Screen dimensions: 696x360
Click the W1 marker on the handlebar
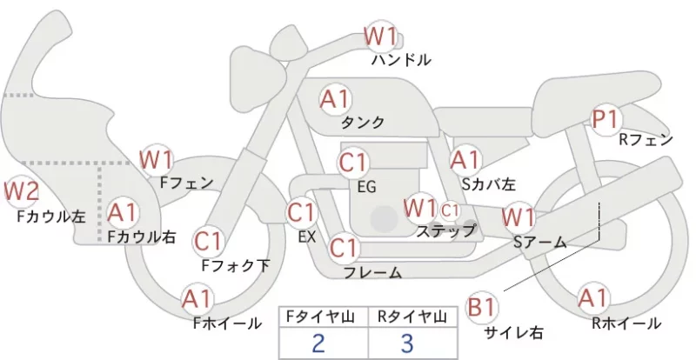380,36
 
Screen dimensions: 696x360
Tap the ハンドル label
401,59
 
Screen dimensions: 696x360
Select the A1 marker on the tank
336,100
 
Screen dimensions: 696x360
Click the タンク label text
363,122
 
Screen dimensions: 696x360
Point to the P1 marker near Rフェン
606,120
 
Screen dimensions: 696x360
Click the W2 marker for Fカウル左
20,192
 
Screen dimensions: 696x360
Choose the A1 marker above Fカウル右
123,214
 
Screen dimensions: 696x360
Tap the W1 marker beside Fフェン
156,160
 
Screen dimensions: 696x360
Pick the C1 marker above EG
353,163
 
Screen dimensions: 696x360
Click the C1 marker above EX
302,213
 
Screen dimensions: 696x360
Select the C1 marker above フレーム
344,248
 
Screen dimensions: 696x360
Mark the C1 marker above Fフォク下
208,242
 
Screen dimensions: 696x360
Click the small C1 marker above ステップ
450,210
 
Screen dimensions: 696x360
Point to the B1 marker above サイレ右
482,307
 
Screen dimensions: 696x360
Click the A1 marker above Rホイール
592,298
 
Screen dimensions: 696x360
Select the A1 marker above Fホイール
197,300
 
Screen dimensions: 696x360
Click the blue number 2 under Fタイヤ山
318,343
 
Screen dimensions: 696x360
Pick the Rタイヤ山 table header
412,317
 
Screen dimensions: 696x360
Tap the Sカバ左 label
488,183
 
